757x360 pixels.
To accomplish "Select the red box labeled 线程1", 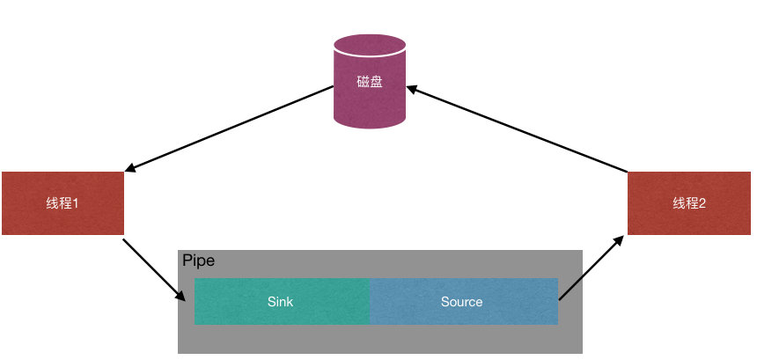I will click(x=62, y=203).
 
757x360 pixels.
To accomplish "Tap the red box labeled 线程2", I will click(x=689, y=203).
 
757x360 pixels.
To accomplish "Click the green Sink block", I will click(x=282, y=301).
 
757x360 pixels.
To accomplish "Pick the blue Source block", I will click(x=464, y=301).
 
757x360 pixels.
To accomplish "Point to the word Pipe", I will click(x=198, y=261).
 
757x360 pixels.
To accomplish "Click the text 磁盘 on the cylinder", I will click(x=369, y=83).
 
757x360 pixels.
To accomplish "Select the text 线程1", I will click(x=62, y=203).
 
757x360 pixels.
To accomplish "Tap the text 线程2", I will click(x=689, y=203).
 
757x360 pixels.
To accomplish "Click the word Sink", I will click(x=280, y=301).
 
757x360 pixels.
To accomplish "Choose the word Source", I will click(x=462, y=301).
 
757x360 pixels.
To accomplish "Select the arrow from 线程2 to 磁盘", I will click(x=519, y=129).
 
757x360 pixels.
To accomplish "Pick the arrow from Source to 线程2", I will click(x=592, y=267).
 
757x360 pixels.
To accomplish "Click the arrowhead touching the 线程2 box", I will click(x=621, y=239).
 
